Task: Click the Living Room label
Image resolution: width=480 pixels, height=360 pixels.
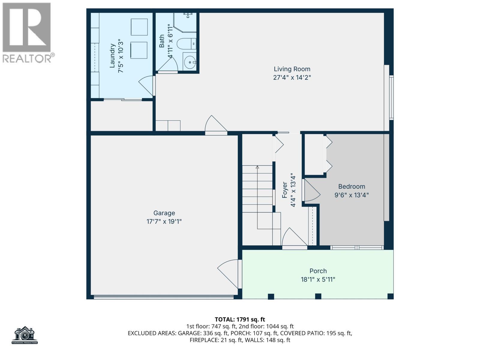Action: pos(292,69)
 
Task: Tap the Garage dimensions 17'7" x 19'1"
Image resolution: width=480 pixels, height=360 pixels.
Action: pos(164,222)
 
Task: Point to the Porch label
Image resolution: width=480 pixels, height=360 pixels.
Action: pos(318,271)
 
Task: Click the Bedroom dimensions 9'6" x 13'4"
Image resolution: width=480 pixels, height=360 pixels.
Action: pos(351,195)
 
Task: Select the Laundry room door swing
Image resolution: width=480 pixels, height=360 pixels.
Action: pos(146,85)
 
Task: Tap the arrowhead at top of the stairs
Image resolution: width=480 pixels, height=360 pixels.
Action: pos(257,167)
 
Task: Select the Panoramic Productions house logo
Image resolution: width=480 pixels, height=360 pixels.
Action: pos(25,335)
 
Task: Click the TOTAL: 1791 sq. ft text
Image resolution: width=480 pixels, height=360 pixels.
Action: pos(240,319)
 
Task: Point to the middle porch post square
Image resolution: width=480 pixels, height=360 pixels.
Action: pos(318,296)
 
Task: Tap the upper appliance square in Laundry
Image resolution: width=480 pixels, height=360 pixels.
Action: pos(139,27)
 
